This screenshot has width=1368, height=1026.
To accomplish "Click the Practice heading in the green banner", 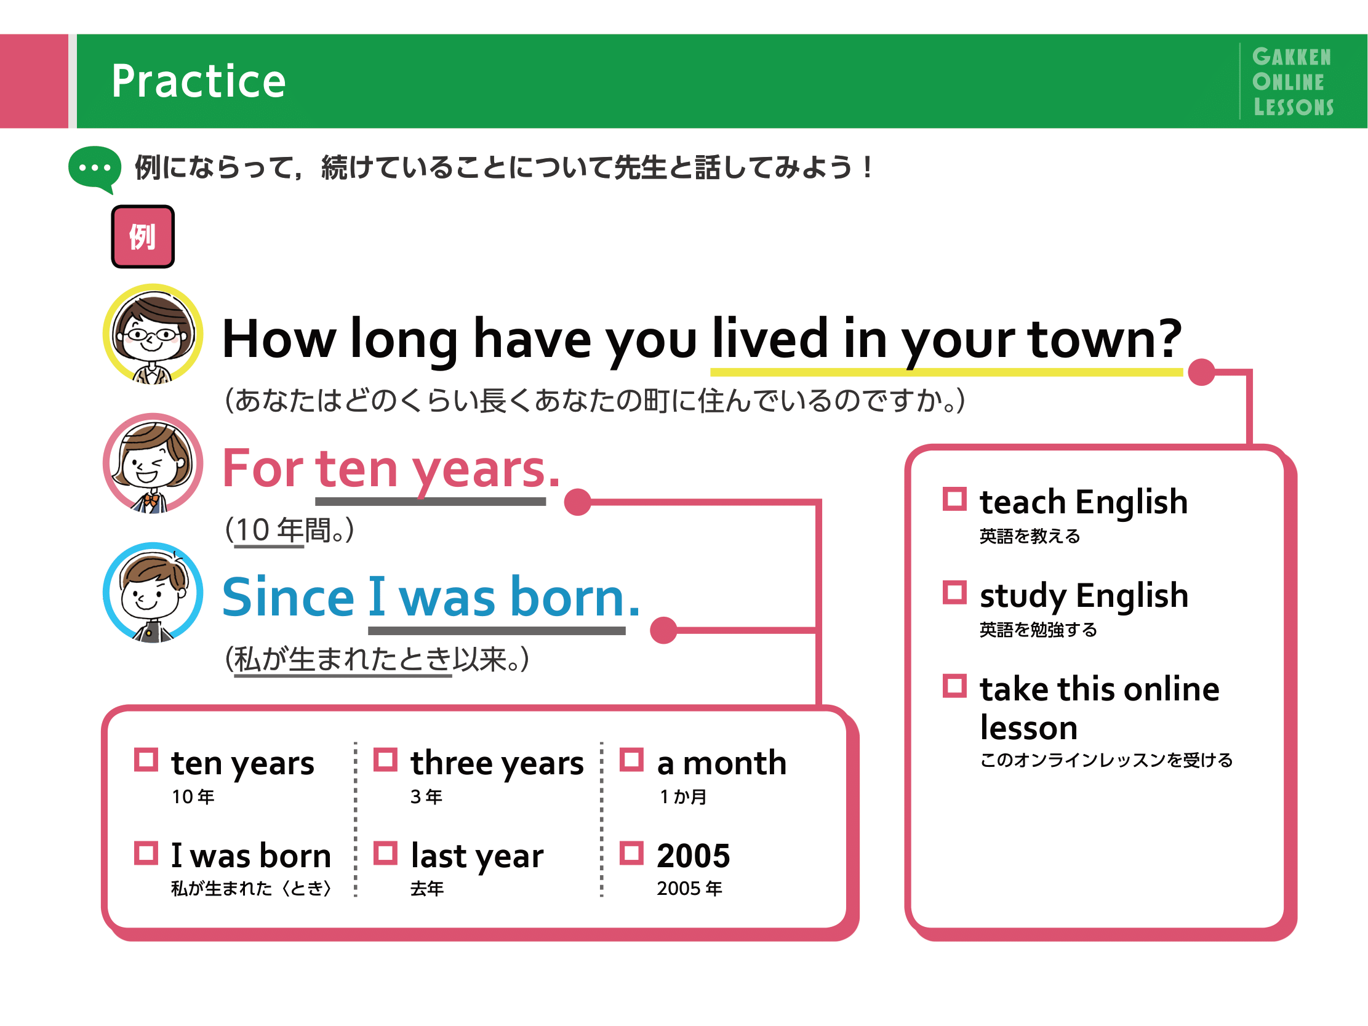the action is click(199, 82).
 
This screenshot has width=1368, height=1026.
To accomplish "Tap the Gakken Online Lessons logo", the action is click(1292, 82).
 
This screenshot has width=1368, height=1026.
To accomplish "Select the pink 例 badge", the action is click(143, 237).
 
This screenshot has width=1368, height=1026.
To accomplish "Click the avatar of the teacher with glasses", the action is click(153, 334).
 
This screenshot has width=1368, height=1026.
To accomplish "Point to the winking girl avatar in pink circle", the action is click(153, 463).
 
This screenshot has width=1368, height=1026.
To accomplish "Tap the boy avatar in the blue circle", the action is click(153, 593).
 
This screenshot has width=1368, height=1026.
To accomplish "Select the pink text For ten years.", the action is click(391, 470).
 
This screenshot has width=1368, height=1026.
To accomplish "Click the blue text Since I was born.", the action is click(431, 598).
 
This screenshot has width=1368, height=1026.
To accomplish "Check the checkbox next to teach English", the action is click(954, 499).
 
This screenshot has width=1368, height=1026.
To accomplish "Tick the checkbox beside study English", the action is click(954, 593).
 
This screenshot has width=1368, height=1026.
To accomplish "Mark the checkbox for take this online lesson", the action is click(954, 686).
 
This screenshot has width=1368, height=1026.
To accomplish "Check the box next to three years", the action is click(385, 760).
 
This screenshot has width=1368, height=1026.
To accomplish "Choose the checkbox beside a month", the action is click(631, 760).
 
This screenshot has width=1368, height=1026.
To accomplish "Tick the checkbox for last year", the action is click(385, 854).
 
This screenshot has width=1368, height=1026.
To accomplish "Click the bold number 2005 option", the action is click(694, 856).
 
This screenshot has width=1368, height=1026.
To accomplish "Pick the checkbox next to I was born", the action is click(146, 854).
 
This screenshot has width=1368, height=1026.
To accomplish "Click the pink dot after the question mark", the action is click(1202, 372).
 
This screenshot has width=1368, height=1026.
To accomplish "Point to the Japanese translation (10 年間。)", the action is click(289, 530).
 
